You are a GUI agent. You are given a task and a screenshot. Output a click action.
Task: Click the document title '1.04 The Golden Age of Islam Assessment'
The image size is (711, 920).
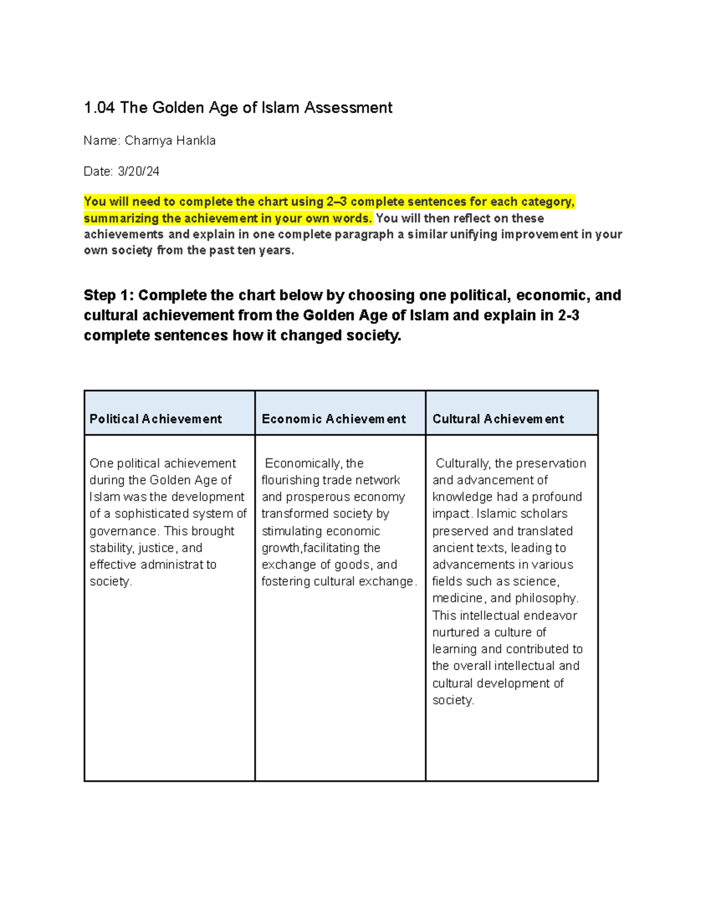coord(238,108)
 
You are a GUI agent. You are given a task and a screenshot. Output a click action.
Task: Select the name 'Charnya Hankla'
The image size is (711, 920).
coord(170,141)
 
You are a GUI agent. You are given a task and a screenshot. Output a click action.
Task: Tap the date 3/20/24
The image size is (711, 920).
coord(139,172)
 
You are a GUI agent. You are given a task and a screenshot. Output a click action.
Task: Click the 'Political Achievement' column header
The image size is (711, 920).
coord(155,419)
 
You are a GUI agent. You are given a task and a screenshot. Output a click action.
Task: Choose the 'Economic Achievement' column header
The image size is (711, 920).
coord(334,419)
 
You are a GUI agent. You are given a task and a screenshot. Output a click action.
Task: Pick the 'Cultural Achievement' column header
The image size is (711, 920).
coord(498,419)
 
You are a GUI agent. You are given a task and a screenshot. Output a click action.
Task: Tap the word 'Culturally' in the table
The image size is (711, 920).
coord(463,464)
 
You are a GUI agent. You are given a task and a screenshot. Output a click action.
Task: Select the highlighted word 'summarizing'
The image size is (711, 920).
coord(121,219)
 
